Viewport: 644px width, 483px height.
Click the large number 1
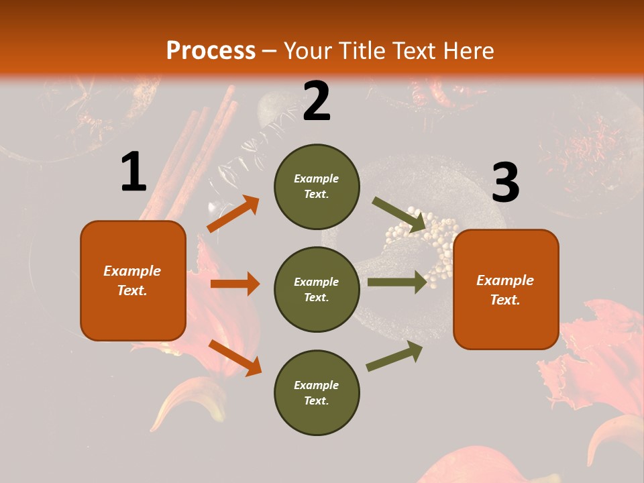[x=133, y=172]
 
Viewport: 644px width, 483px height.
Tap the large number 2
[x=317, y=101]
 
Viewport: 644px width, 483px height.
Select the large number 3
[x=505, y=182]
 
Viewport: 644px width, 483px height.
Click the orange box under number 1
[x=133, y=280]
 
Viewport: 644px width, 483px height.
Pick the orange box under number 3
[x=506, y=289]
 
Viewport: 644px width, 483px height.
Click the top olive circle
[x=317, y=186]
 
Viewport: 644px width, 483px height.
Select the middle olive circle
[x=317, y=289]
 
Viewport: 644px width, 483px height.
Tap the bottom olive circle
[x=317, y=392]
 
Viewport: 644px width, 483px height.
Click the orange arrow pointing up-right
[x=233, y=213]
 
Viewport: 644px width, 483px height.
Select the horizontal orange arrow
[x=235, y=284]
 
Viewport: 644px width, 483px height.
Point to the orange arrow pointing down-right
[x=235, y=357]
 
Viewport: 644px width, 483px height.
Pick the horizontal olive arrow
[x=396, y=282]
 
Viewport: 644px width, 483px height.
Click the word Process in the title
[x=211, y=50]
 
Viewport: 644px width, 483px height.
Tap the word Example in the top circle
[x=316, y=178]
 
